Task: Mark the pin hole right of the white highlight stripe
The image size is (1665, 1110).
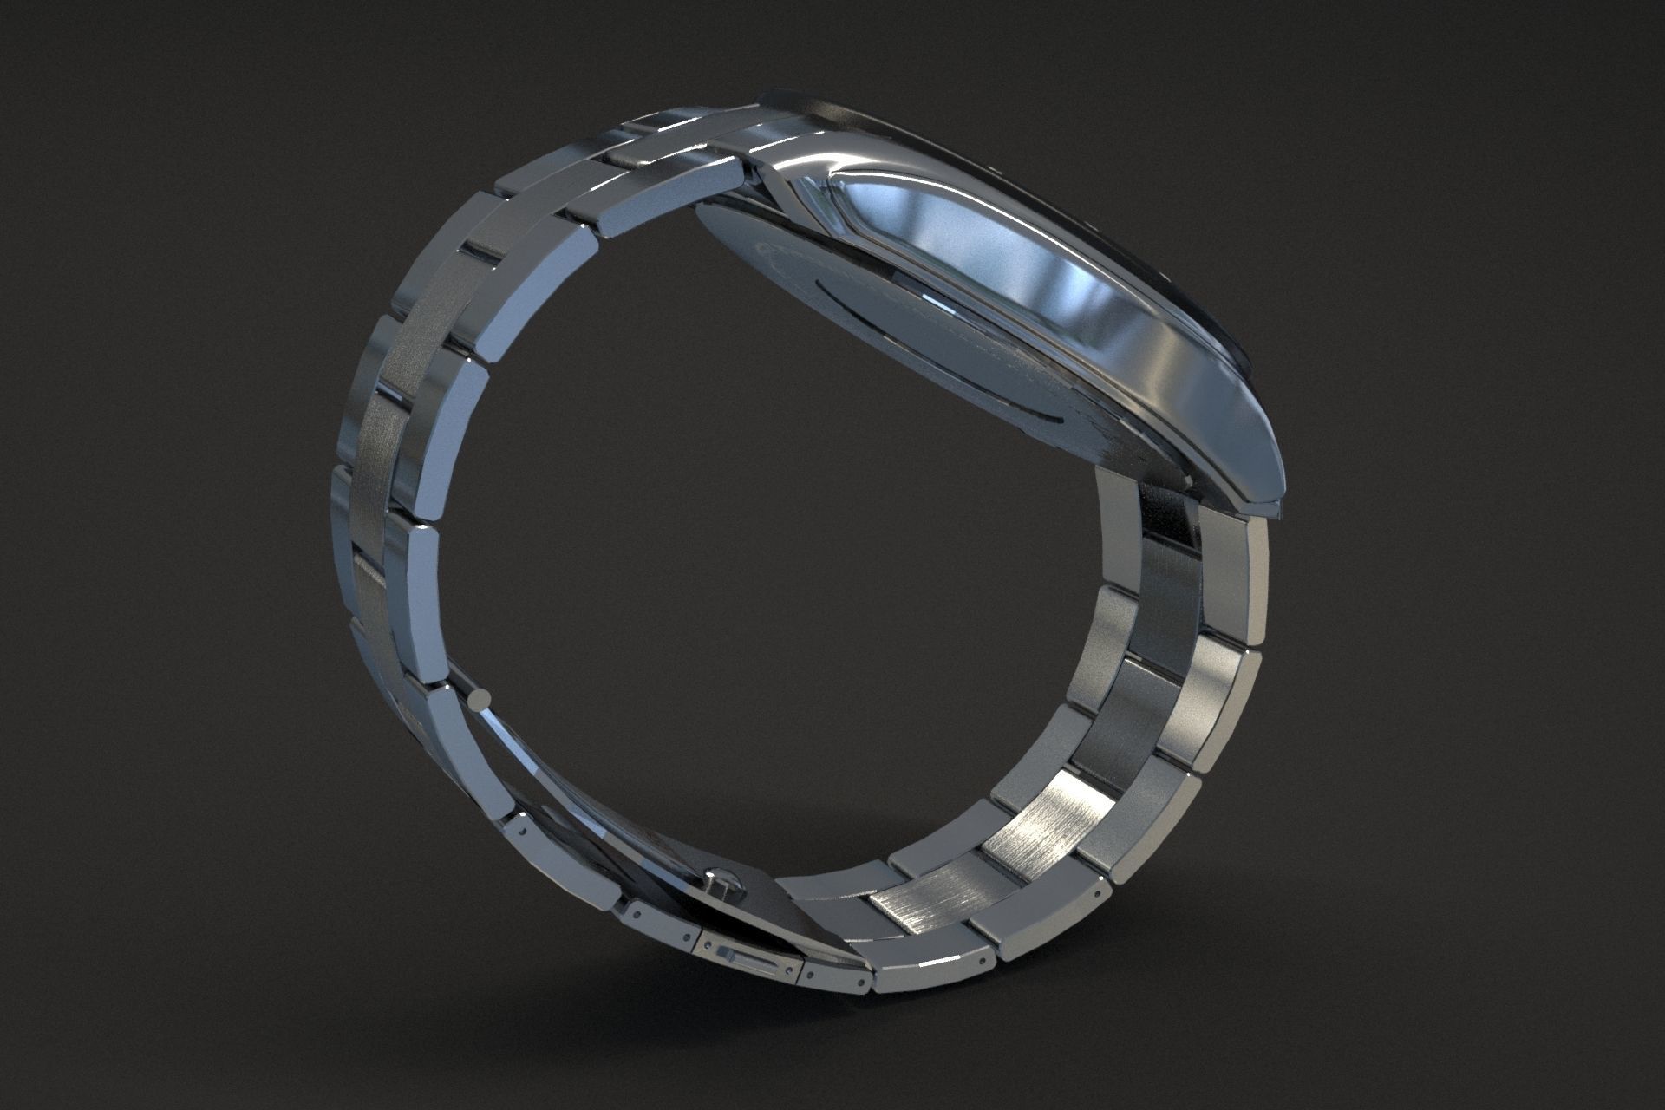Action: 980,961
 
